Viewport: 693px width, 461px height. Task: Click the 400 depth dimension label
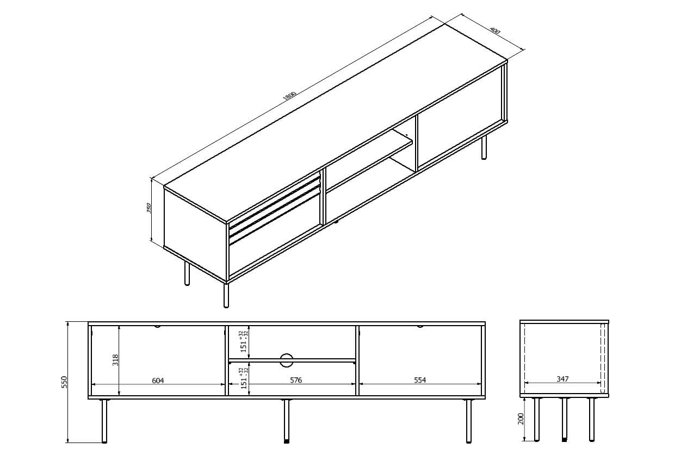(494, 30)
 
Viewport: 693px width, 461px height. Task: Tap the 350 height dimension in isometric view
(148, 208)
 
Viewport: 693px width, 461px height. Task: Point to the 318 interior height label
(115, 360)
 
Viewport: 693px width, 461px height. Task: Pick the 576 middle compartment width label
(295, 381)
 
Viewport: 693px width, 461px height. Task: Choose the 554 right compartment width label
(419, 381)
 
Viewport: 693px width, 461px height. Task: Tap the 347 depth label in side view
(562, 379)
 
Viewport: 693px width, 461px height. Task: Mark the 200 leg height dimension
(521, 419)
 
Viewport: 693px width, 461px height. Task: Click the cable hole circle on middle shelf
(287, 359)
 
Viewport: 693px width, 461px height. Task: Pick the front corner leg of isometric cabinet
(226, 295)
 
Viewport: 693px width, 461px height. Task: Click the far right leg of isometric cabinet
(484, 147)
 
